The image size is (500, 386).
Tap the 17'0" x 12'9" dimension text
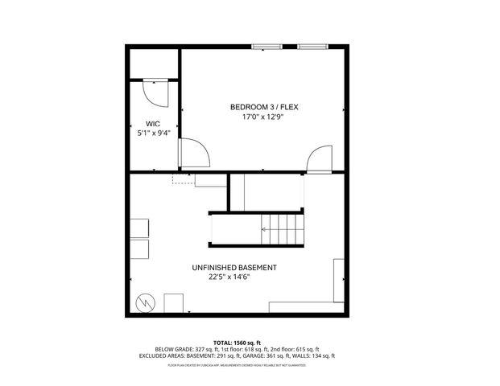pos(263,117)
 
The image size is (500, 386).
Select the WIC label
pos(153,123)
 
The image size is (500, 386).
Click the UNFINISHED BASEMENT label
pos(234,268)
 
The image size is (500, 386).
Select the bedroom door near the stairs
pos(320,157)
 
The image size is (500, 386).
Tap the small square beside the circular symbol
pos(174,302)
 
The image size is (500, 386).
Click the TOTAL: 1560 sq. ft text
pos(250,343)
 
